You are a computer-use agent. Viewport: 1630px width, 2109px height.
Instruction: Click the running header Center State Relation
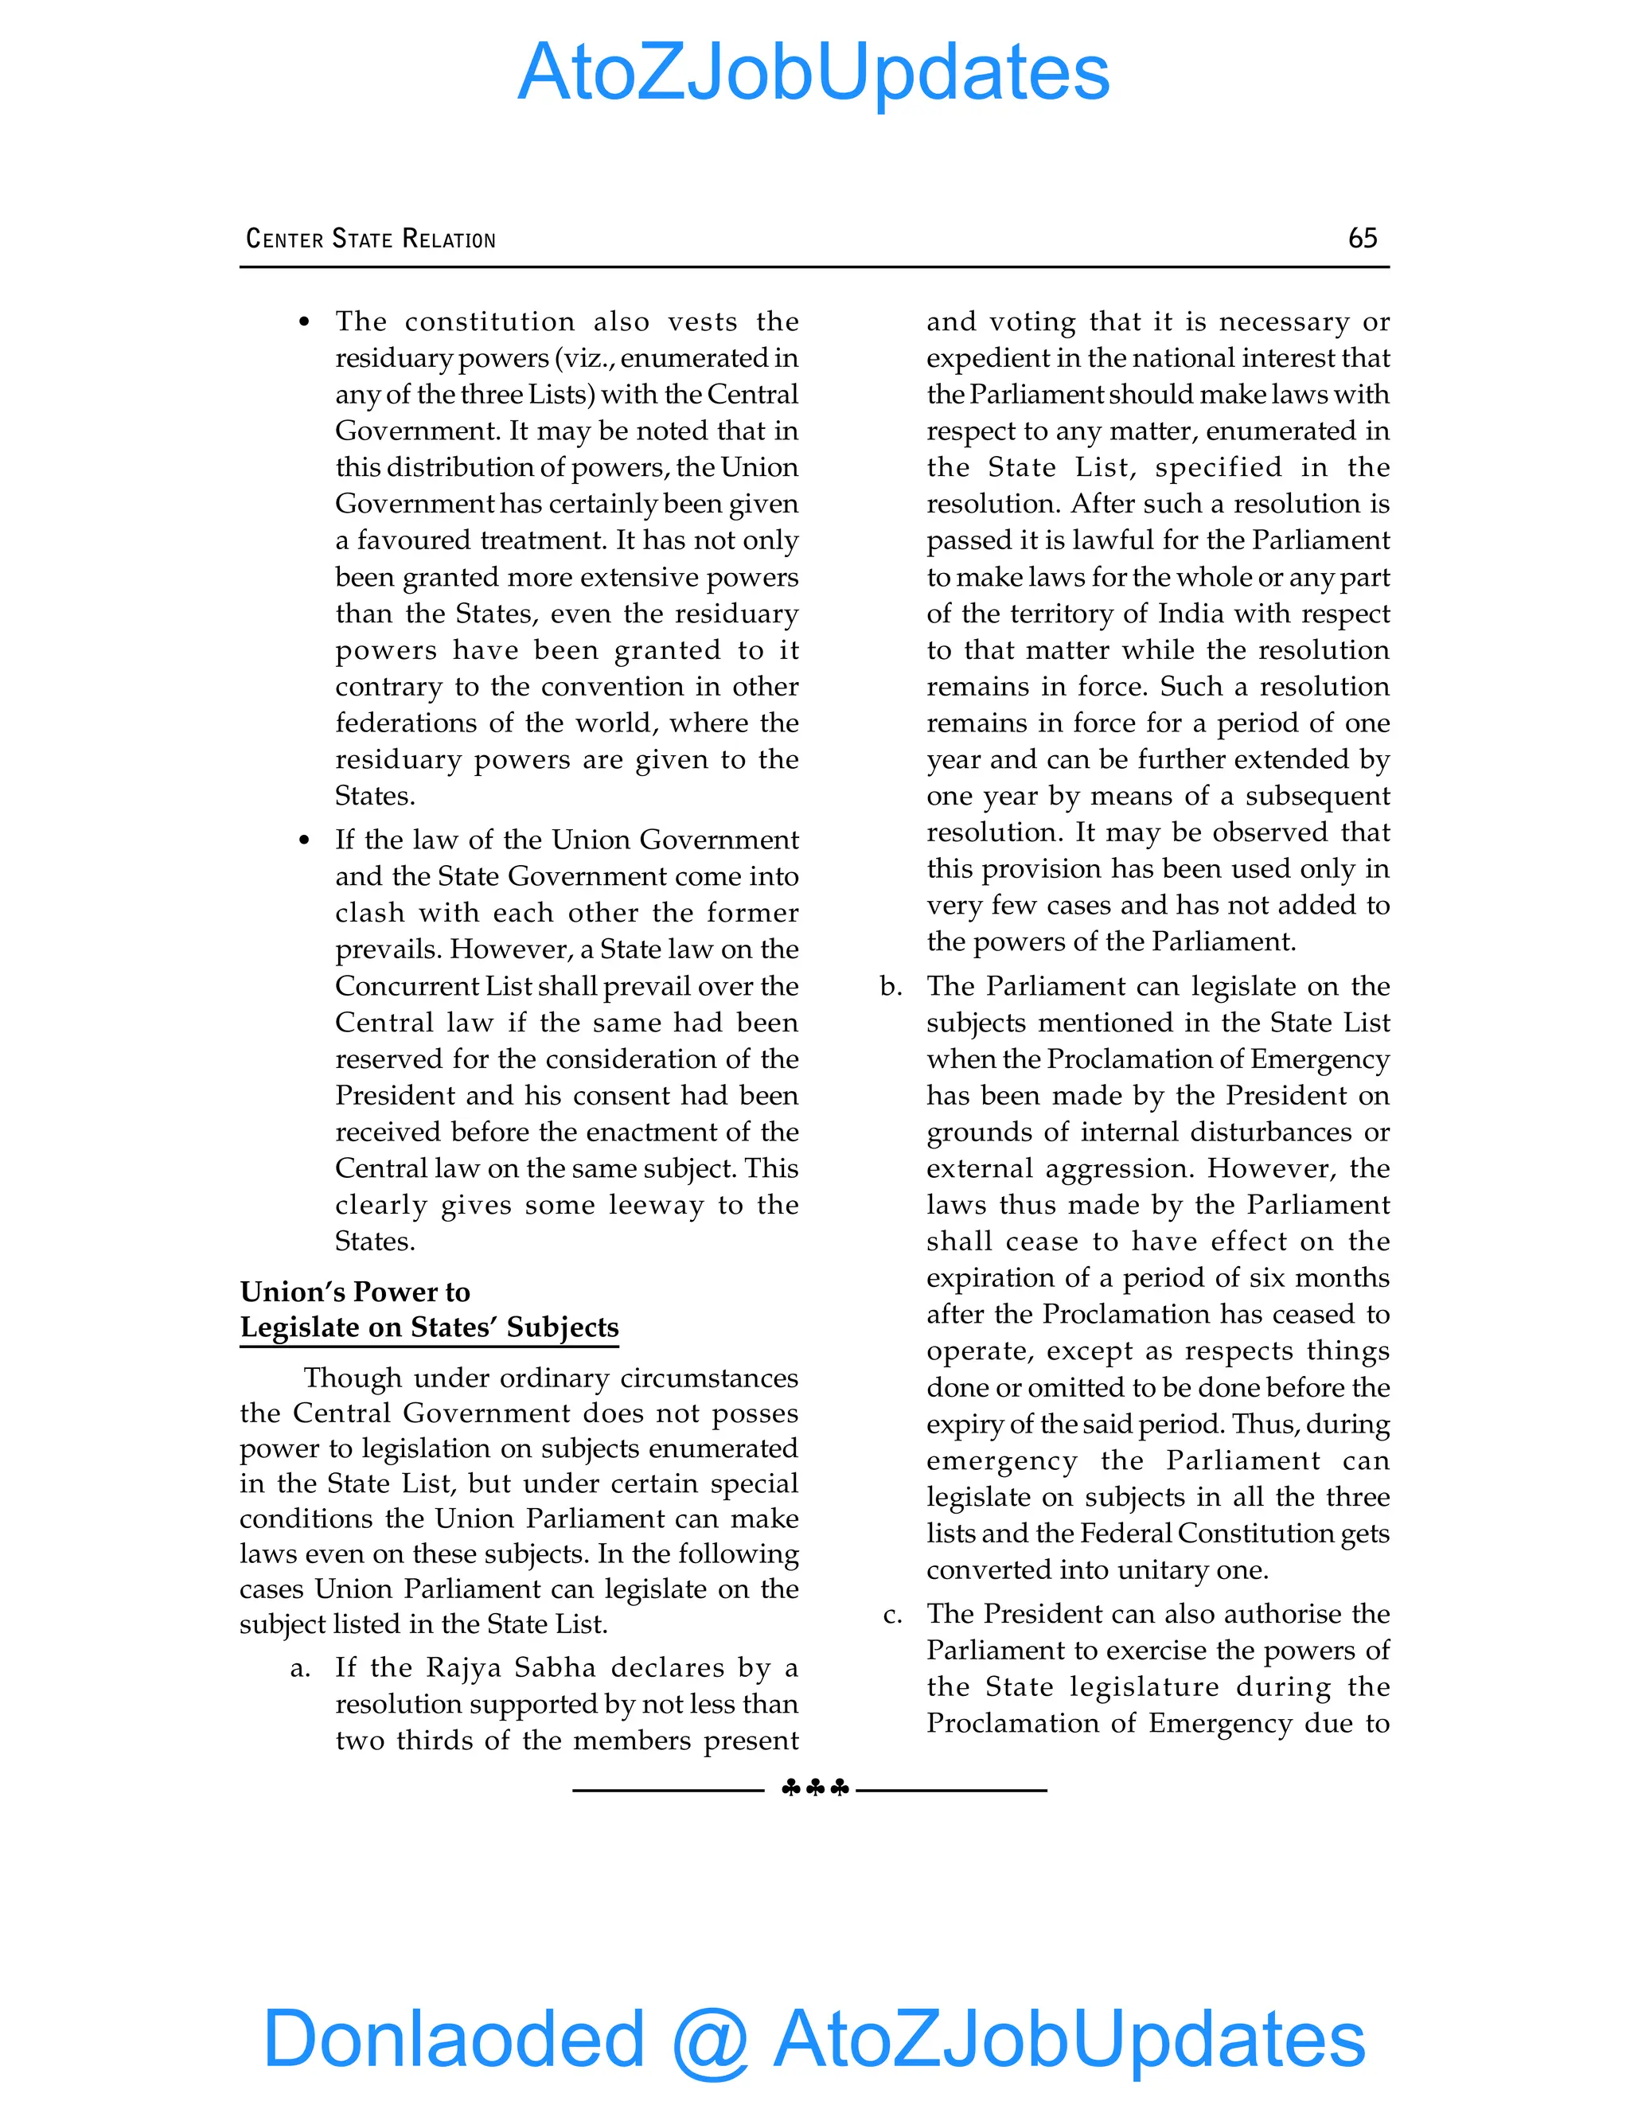click(371, 239)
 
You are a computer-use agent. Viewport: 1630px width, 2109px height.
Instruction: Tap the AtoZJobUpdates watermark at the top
click(813, 72)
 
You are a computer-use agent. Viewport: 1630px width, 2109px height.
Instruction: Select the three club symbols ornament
click(814, 1788)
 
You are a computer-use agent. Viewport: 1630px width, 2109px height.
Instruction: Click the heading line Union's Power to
click(355, 1291)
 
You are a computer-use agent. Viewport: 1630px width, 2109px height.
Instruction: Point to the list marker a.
click(300, 1667)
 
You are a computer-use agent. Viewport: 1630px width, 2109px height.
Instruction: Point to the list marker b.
click(891, 986)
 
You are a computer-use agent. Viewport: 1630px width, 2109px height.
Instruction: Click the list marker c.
click(892, 1614)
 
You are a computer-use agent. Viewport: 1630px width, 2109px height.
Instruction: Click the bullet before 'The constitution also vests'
click(304, 322)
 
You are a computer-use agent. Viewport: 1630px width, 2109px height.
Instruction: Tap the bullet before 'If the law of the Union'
click(304, 840)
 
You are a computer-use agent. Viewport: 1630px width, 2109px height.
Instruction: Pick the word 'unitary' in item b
click(1163, 1569)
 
